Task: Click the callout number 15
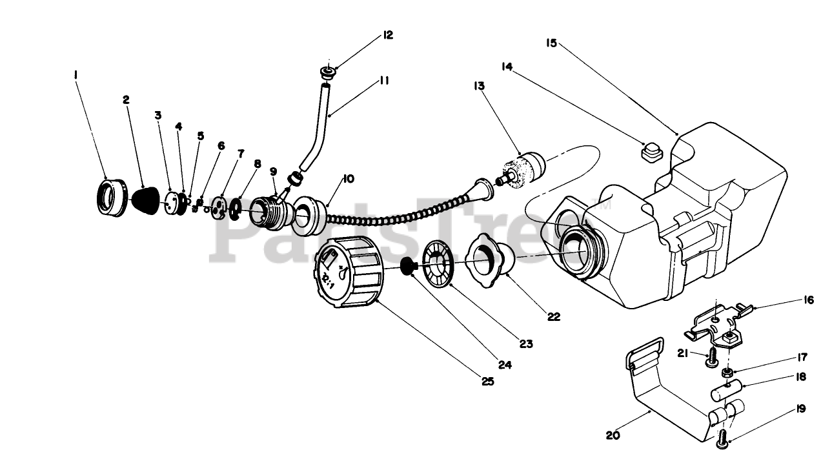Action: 551,43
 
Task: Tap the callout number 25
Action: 487,381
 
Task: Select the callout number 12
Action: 387,35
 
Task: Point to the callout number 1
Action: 76,75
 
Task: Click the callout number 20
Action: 613,435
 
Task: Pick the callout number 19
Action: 800,409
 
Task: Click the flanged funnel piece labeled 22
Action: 491,258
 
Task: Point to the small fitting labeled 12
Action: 327,71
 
